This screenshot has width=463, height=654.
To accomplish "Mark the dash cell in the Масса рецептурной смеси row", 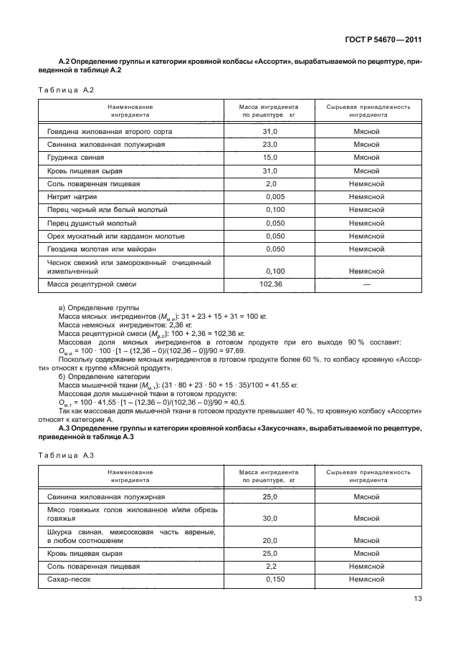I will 366,284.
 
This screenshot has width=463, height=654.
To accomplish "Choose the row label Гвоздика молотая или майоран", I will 101,249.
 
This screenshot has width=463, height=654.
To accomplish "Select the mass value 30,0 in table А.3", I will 269,519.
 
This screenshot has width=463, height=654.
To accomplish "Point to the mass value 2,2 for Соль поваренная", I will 269,567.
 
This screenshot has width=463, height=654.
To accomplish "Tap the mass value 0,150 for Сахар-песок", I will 275,580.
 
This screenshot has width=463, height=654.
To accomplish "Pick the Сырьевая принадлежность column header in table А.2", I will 368,110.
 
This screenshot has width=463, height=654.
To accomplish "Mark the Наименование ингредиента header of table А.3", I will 130,476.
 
